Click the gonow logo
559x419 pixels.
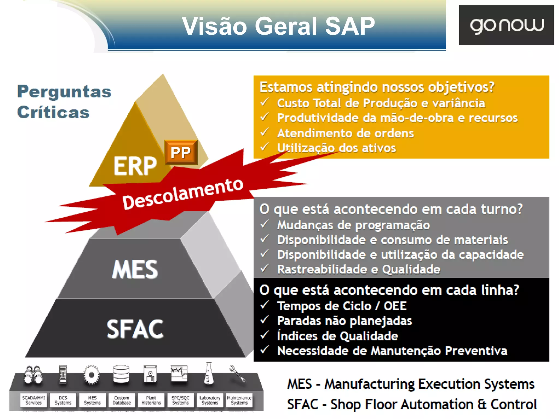(506, 25)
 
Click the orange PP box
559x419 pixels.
(181, 152)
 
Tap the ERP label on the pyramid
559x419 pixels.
(135, 166)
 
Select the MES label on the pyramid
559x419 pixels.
(135, 269)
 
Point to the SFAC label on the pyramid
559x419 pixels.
(135, 329)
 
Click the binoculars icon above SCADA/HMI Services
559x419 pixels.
(33, 375)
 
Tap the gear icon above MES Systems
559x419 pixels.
(91, 375)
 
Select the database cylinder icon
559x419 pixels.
(121, 374)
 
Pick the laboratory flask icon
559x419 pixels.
(209, 374)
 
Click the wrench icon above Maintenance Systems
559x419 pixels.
(237, 374)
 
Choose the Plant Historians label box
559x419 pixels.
(151, 400)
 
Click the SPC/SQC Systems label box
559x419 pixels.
(180, 400)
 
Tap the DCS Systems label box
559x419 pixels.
(63, 400)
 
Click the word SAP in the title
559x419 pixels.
(350, 26)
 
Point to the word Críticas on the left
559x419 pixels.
(53, 112)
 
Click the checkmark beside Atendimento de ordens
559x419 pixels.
(264, 132)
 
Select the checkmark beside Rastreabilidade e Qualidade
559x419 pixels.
(264, 268)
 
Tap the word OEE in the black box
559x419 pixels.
(395, 306)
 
